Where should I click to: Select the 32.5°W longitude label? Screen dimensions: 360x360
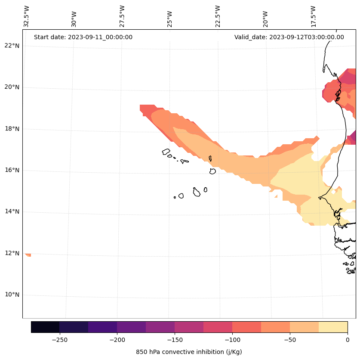[x=27, y=16]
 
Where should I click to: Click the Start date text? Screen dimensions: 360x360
[x=83, y=37]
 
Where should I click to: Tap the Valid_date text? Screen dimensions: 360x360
[x=289, y=37]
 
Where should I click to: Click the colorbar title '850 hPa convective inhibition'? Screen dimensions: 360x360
[x=189, y=352]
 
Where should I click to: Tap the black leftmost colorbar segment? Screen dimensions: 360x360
[x=45, y=327]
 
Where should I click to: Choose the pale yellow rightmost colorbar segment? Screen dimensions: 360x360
[x=333, y=327]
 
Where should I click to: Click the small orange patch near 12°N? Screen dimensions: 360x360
[x=28, y=255]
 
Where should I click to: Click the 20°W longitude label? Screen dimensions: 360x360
[x=266, y=16]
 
